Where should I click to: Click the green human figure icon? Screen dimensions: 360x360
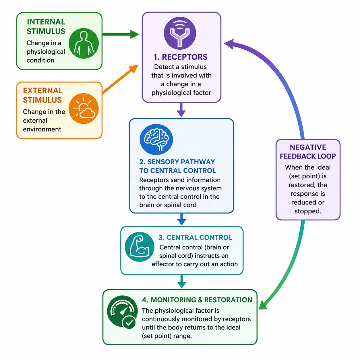[84, 43]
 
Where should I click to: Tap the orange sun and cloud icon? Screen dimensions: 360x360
[84, 108]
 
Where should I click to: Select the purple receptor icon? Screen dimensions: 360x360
[180, 33]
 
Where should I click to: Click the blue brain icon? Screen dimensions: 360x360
[156, 139]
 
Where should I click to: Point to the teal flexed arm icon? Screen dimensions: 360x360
[140, 247]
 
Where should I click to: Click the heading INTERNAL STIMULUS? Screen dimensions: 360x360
[46, 26]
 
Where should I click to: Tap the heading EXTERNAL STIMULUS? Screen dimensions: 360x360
[42, 95]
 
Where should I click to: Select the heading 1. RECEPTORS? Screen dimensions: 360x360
[181, 57]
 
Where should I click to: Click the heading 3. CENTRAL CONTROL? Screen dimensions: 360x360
[195, 237]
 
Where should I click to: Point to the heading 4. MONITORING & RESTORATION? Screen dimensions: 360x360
[197, 300]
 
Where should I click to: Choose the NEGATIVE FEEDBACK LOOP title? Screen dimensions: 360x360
[308, 152]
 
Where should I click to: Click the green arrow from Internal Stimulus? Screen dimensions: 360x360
[121, 34]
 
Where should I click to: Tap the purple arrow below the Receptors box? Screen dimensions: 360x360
[181, 110]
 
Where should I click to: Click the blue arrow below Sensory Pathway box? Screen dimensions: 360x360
[181, 219]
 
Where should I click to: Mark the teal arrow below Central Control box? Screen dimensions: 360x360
[182, 281]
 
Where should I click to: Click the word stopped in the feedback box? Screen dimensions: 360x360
[308, 211]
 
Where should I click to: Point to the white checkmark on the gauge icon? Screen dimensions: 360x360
[129, 322]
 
